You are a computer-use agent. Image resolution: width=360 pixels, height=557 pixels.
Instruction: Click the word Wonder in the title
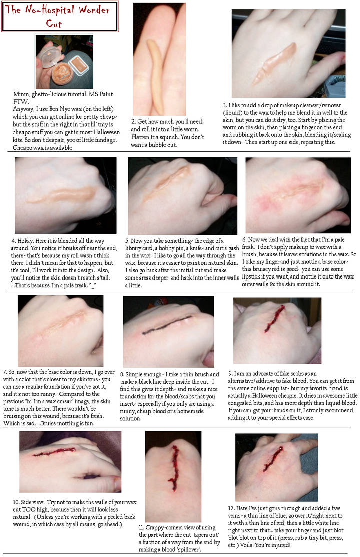pos(94,10)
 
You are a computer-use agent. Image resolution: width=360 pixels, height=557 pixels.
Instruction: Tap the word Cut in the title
pos(54,24)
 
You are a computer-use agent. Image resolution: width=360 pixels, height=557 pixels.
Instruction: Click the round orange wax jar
pos(62,73)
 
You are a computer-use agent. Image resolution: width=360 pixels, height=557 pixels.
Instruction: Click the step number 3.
pos(225,105)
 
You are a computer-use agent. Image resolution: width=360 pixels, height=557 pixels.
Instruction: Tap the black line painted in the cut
pos(166,325)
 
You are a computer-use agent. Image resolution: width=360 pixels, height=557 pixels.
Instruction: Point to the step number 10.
pos(16,502)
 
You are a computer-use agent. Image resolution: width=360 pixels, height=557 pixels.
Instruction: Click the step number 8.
pos(122,374)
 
